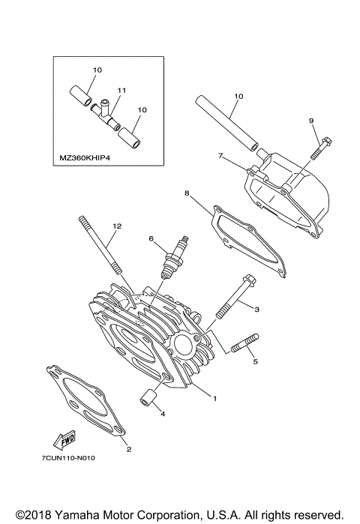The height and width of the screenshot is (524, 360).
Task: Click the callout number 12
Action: tap(115, 226)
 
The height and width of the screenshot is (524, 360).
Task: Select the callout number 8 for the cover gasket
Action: tap(186, 193)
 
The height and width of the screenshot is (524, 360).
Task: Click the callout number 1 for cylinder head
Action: tap(214, 398)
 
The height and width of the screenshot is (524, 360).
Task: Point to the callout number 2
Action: tap(128, 450)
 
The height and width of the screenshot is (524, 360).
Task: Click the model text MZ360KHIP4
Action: tap(85, 158)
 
